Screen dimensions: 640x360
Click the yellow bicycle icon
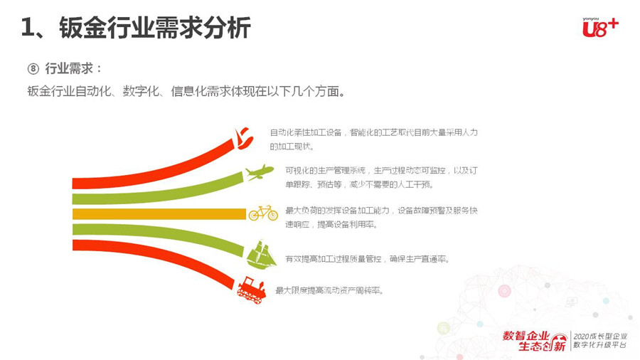[263, 213]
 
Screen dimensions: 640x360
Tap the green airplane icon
[260, 172]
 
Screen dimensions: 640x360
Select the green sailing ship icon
[261, 255]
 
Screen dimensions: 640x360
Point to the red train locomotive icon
[252, 290]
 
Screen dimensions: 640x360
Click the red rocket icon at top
[244, 139]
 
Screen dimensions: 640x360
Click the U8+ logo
[600, 27]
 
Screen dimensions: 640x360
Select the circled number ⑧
[33, 68]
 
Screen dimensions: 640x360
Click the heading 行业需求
[69, 68]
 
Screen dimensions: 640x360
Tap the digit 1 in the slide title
[27, 28]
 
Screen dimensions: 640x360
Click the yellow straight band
[159, 214]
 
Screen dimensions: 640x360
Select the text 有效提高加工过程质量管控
[333, 259]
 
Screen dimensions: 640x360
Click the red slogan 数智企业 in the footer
[526, 336]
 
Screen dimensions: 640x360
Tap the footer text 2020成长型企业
[600, 337]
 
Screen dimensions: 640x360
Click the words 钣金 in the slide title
[83, 28]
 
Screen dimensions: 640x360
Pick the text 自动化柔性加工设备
[305, 132]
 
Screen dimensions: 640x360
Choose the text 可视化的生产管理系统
[325, 170]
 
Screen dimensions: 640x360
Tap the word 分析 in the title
[227, 28]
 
